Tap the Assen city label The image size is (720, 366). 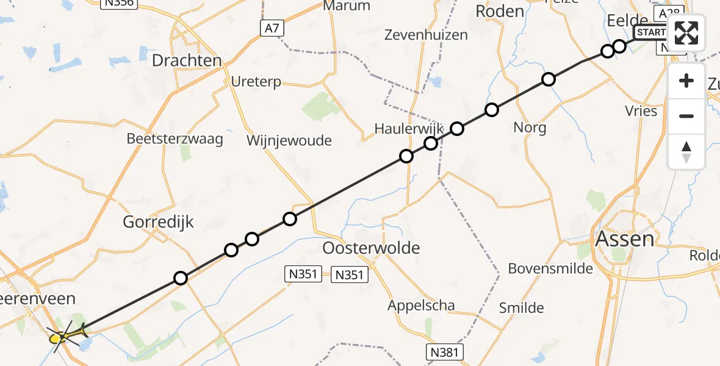click(624, 239)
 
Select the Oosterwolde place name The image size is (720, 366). click(371, 248)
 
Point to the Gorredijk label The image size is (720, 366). click(158, 222)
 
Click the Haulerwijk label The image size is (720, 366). click(405, 128)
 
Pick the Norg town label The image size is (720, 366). click(530, 127)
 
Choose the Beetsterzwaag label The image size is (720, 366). click(175, 138)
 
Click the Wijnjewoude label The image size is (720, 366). click(289, 141)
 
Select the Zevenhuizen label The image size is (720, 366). click(426, 35)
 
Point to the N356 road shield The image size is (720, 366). click(118, 3)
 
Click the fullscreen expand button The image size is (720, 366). click(686, 33)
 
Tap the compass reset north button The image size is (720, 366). click(686, 152)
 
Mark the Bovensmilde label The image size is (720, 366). click(550, 268)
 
